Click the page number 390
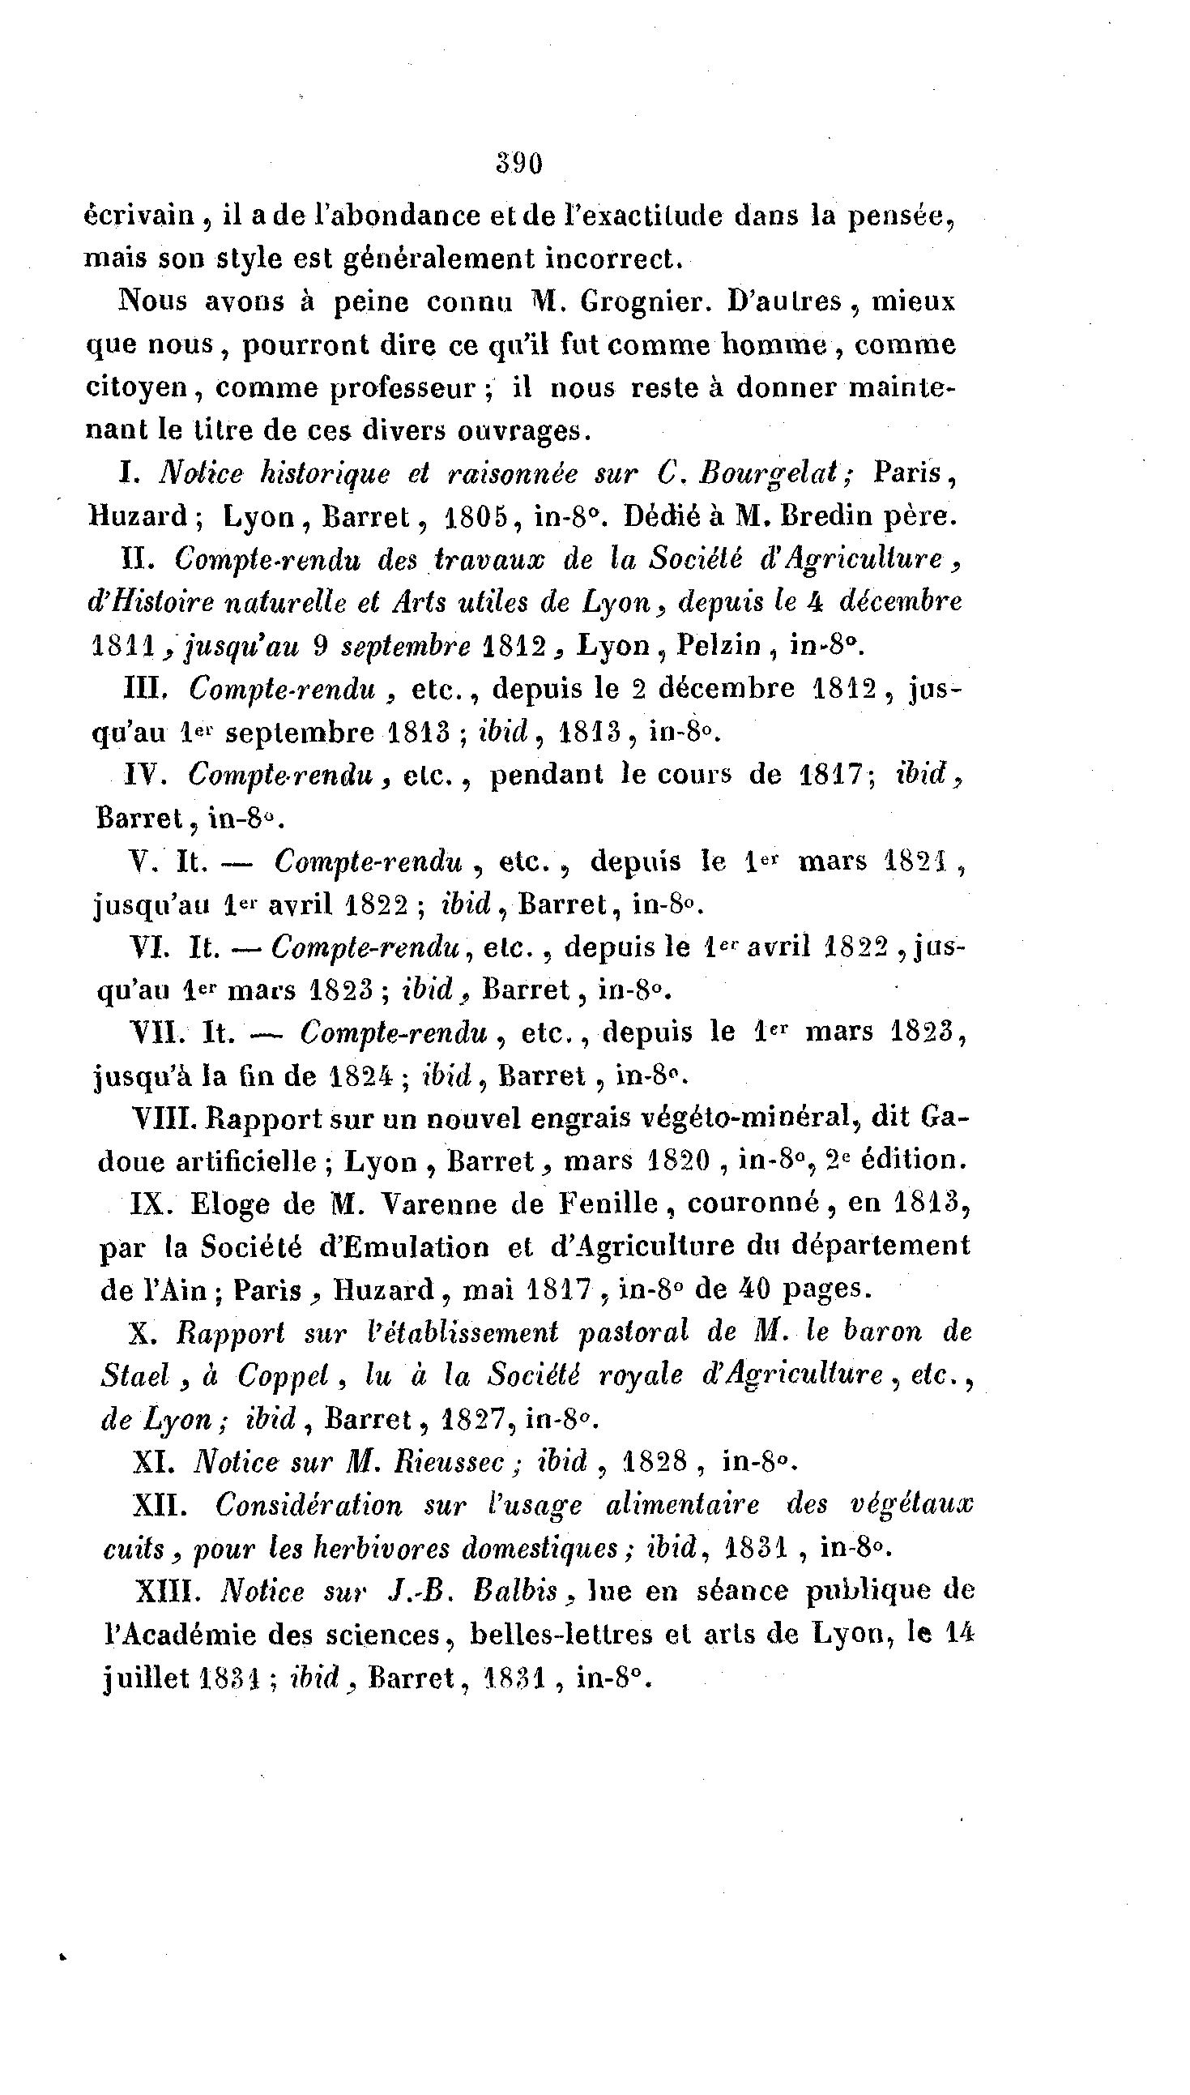(x=519, y=165)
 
